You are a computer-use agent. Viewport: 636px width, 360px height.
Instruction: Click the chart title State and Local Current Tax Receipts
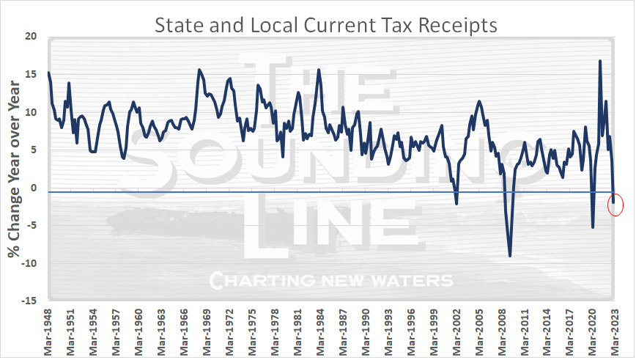pyautogui.click(x=325, y=24)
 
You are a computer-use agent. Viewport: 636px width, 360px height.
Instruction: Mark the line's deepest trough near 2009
pyautogui.click(x=510, y=256)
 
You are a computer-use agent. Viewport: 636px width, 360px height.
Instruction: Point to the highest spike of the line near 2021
pyautogui.click(x=600, y=61)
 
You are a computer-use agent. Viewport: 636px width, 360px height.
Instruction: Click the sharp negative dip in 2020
pyautogui.click(x=592, y=227)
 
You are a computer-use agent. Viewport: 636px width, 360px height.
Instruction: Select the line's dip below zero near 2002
pyautogui.click(x=456, y=203)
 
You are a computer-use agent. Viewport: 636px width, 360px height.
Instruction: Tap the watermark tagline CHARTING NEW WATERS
pyautogui.click(x=330, y=281)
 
